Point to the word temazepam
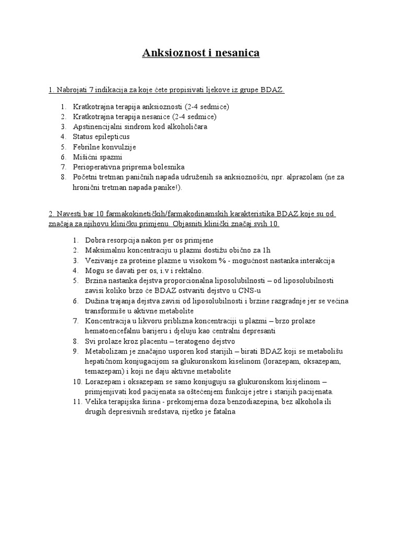(104, 371)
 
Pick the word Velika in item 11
(95, 402)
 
